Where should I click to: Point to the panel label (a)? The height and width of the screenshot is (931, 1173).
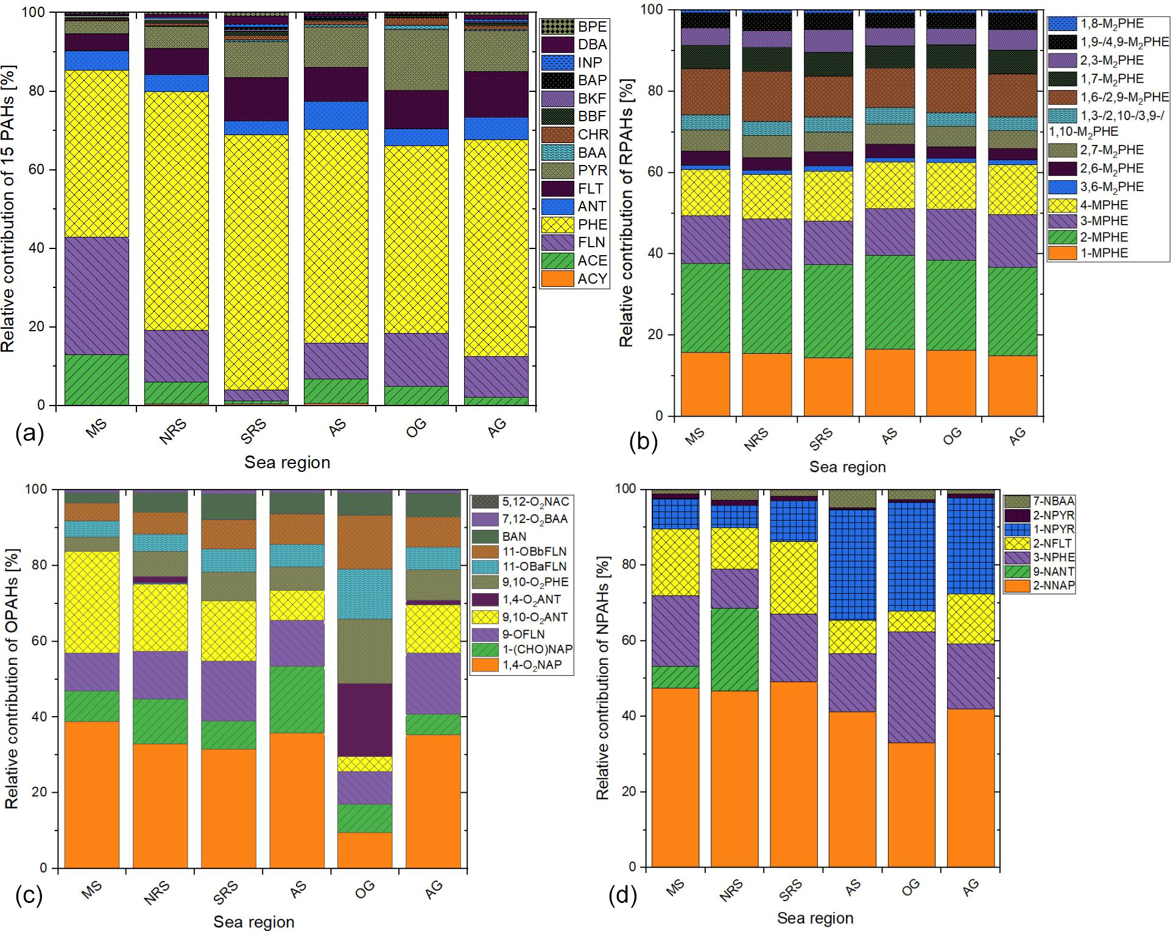click(x=30, y=434)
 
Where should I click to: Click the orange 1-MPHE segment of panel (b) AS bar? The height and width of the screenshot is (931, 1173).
click(x=890, y=382)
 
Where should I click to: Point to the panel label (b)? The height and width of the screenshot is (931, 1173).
click(x=643, y=441)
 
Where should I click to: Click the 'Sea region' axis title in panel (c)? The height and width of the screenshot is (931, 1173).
click(x=253, y=922)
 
